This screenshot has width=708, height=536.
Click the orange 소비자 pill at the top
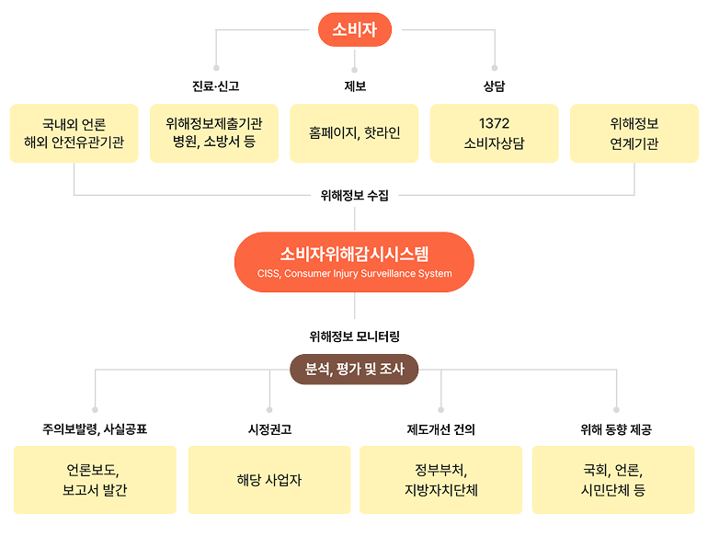tap(354, 29)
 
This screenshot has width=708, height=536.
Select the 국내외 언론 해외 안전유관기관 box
tap(74, 133)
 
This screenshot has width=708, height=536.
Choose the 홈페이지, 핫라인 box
tap(354, 133)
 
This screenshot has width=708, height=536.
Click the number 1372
tap(494, 123)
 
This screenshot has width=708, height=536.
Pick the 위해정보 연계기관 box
tap(634, 133)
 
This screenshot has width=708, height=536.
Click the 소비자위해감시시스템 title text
tap(354, 254)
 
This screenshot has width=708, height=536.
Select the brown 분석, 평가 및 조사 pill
tap(354, 370)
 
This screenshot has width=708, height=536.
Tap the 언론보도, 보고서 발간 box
tap(95, 479)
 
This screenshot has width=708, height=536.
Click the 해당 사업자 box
tap(269, 479)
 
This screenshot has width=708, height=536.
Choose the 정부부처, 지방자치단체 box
tap(441, 479)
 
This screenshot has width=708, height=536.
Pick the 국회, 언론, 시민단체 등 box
tap(613, 479)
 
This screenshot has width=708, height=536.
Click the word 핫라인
tap(381, 133)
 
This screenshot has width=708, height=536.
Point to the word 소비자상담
tap(494, 144)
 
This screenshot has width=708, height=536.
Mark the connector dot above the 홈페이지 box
tap(354, 67)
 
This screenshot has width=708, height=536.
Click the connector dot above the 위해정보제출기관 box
tap(215, 67)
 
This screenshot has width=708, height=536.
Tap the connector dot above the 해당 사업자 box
tap(269, 407)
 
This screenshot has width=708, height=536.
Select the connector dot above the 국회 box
tap(614, 407)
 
